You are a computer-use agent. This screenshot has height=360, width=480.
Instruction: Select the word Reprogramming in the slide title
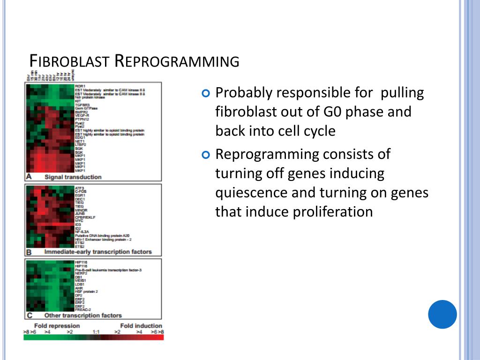(x=177, y=61)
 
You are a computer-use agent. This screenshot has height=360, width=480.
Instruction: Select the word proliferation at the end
(x=333, y=212)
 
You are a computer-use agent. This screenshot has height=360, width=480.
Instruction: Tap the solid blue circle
(x=442, y=314)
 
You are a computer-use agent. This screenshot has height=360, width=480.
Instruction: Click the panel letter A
(x=29, y=177)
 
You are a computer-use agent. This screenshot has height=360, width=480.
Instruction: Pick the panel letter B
(x=29, y=252)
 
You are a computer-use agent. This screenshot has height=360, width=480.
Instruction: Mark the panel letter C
(x=29, y=315)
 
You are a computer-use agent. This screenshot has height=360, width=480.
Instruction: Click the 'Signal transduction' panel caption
(x=73, y=177)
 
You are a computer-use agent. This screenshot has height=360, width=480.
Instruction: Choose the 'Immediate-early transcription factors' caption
(x=98, y=252)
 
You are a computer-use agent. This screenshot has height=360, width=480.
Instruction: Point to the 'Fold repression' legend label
(x=57, y=326)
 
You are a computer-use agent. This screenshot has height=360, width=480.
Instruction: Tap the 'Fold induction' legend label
(x=141, y=326)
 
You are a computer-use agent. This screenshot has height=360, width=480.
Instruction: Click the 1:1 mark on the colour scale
(x=96, y=332)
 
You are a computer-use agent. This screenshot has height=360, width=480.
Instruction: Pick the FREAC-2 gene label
(x=83, y=310)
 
